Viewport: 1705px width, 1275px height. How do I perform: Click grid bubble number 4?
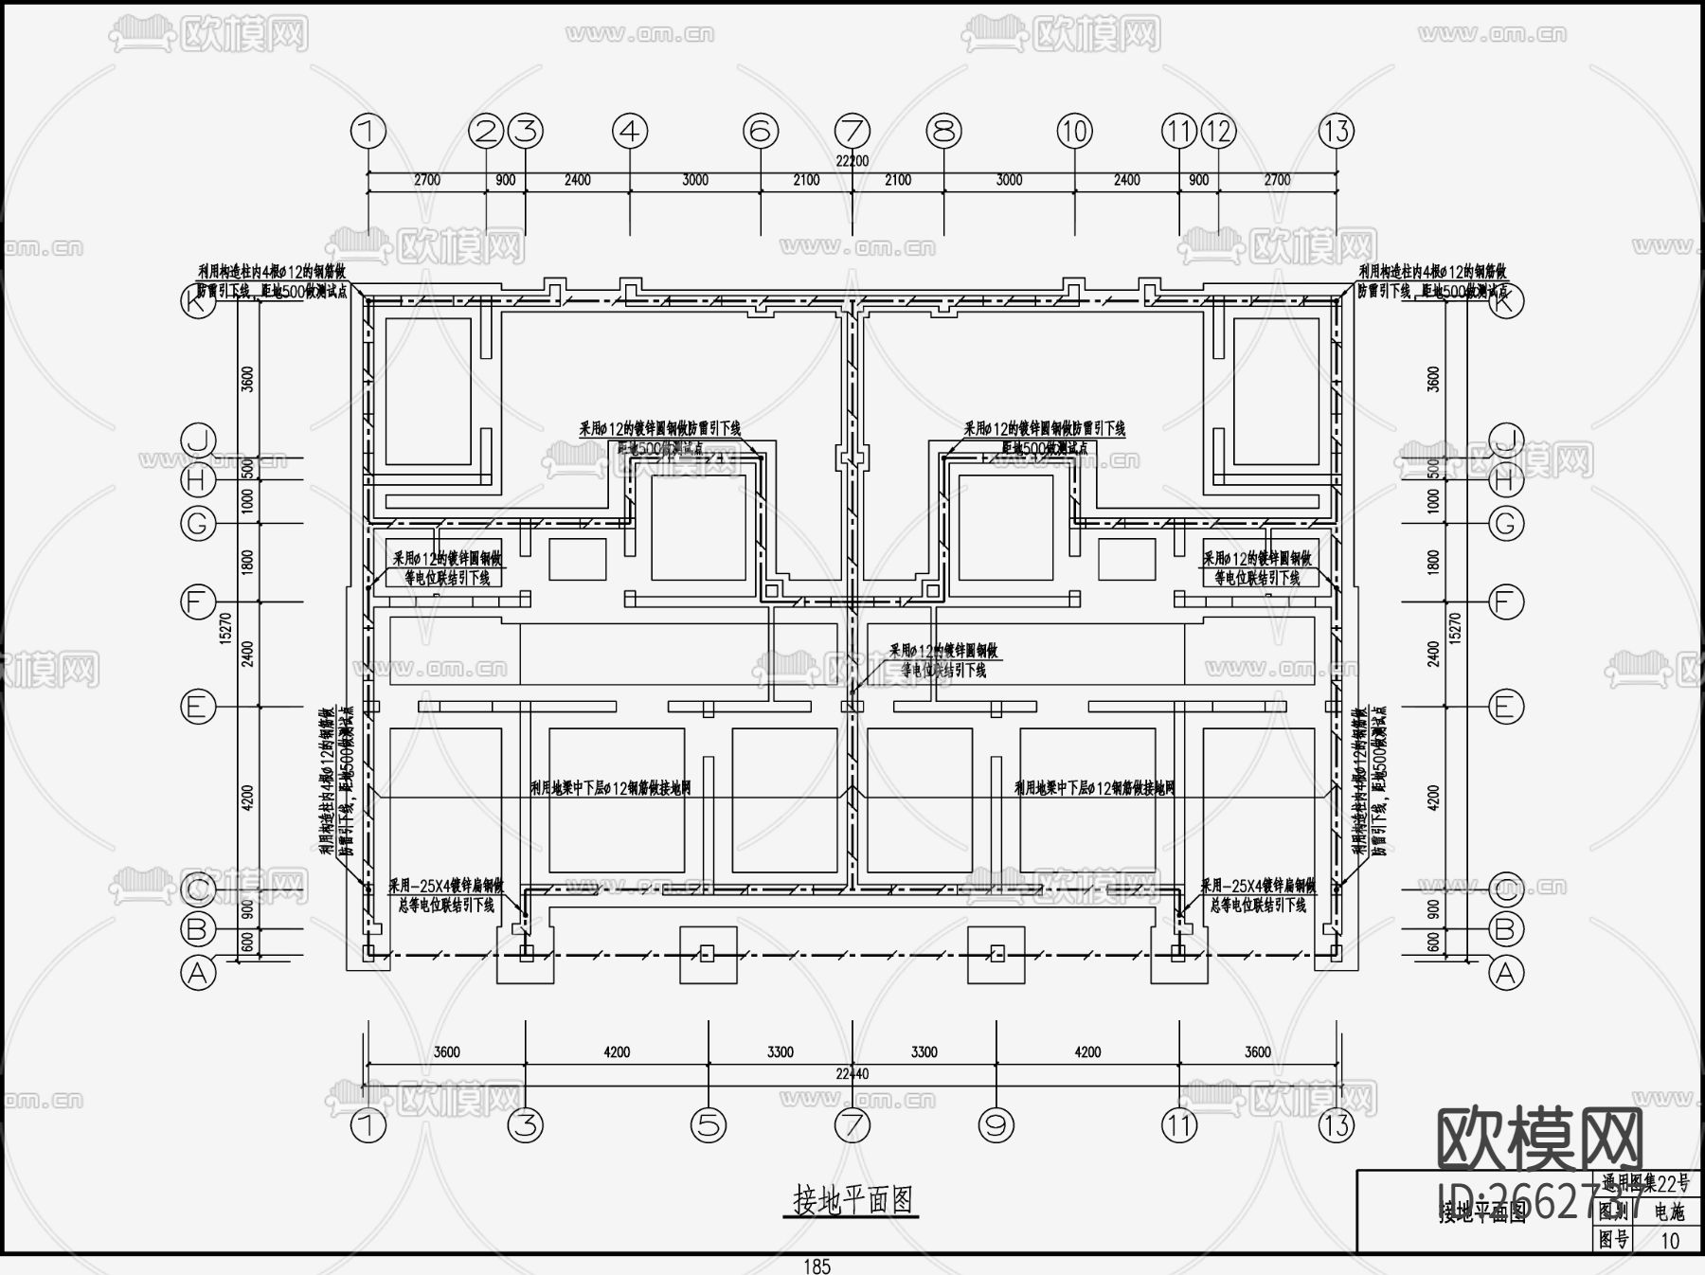point(630,132)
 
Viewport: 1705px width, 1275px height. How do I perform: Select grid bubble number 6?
point(761,132)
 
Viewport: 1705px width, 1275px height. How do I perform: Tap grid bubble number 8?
point(943,132)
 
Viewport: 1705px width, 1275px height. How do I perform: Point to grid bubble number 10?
point(1074,132)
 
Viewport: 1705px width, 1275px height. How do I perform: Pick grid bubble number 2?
point(487,132)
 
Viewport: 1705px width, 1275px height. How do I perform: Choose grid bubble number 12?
point(1219,132)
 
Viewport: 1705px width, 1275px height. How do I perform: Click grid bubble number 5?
point(709,1125)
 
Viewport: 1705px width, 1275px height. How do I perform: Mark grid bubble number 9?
point(996,1125)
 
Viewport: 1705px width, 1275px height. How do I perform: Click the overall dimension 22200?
point(852,161)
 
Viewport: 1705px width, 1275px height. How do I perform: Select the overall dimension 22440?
point(852,1073)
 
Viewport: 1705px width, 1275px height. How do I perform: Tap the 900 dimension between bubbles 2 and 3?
point(506,180)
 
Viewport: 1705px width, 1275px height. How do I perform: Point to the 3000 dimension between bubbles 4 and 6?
point(695,180)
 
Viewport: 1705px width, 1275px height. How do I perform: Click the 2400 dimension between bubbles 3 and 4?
point(577,180)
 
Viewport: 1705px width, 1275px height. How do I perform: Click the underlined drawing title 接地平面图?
point(853,1200)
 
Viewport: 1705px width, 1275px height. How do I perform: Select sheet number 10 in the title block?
point(1670,1240)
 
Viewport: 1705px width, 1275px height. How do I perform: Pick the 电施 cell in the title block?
point(1670,1212)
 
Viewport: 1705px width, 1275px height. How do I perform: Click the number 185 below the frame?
point(817,1266)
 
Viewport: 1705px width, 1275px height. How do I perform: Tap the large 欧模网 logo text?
point(1540,1140)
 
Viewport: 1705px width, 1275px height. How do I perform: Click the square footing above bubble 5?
point(708,954)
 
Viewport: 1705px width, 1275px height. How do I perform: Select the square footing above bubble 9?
point(996,954)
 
